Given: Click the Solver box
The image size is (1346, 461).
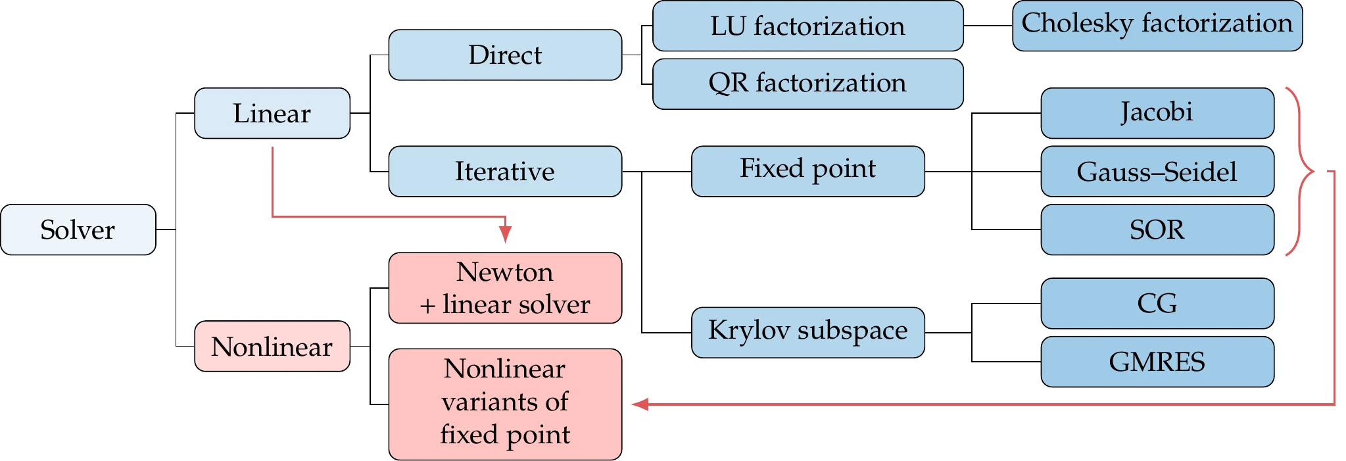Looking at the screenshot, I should point(78,230).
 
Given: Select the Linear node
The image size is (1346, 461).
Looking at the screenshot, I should point(272,113).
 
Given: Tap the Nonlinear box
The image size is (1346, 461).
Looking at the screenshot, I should point(272,346).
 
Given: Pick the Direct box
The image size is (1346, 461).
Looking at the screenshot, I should point(504,55).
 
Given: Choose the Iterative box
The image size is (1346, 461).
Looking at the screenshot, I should point(504,171).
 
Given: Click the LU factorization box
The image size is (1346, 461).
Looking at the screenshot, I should point(807,26).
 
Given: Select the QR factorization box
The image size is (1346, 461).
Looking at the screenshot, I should point(807,84).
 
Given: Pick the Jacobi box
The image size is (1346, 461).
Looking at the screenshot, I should point(1157,113).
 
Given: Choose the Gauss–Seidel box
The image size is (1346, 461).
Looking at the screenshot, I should point(1157,171).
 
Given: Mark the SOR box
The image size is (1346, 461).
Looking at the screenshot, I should point(1157,230).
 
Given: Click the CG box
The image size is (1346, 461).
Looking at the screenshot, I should point(1157,303).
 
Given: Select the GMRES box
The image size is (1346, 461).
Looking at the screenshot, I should point(1157,362).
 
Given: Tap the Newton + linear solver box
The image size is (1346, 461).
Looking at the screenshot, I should point(504,288).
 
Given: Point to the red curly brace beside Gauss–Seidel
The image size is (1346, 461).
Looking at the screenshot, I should point(1302,171).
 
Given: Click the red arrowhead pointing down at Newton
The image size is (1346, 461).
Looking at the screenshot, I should point(505,233).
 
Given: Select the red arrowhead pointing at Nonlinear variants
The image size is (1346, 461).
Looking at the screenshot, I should point(640,404).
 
